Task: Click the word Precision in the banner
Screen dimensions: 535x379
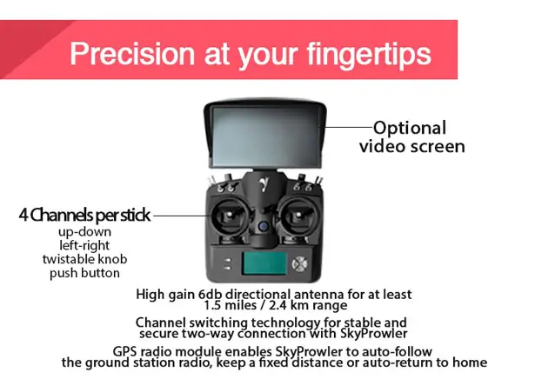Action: coord(132,54)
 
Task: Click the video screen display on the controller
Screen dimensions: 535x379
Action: coord(265,136)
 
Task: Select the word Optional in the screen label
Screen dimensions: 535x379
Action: coord(410,129)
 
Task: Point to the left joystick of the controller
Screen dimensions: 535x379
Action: coord(230,216)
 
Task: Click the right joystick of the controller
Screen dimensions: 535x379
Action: coord(298,216)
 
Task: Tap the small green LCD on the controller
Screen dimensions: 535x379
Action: coord(264,263)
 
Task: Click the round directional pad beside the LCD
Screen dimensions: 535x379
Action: coord(299,263)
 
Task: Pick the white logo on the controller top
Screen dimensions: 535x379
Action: coord(263,185)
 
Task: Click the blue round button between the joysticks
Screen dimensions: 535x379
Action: coord(263,226)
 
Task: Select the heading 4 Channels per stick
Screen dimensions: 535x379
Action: coord(84,215)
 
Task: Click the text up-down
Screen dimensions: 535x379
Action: coord(84,232)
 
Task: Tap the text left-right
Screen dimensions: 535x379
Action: coord(84,245)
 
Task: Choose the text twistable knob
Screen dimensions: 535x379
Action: coord(84,259)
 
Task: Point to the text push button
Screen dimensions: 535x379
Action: coord(84,273)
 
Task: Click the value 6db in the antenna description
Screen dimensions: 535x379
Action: coord(211,294)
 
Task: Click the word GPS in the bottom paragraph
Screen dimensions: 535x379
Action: coord(124,351)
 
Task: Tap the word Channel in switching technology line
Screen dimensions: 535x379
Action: coord(160,322)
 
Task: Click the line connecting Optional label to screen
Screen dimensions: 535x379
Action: coord(347,127)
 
